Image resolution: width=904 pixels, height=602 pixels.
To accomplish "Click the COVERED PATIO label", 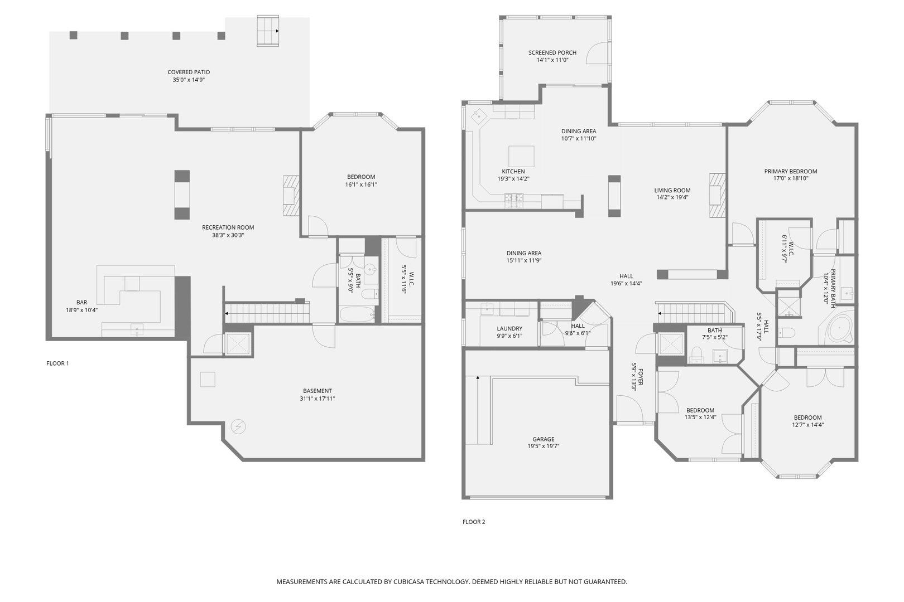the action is [189, 72].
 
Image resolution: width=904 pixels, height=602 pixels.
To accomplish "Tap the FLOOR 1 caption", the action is [57, 363].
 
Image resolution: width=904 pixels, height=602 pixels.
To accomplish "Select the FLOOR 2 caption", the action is [474, 522].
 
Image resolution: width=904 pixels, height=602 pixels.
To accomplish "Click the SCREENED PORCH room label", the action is [552, 52].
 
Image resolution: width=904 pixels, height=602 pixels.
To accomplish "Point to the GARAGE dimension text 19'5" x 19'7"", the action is [543, 446].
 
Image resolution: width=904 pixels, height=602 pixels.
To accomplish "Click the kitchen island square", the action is [521, 156].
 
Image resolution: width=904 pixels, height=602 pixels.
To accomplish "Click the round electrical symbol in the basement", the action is [238, 426].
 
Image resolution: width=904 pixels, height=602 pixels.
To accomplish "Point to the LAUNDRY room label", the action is [509, 329].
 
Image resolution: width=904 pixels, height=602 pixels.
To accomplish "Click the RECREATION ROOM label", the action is [228, 227].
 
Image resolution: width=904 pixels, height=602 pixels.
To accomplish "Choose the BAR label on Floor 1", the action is [82, 303].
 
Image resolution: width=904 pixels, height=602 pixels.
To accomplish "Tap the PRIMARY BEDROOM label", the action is [791, 171].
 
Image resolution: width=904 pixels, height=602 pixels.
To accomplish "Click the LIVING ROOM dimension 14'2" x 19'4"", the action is [672, 197].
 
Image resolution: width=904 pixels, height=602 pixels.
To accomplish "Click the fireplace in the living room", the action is [717, 195].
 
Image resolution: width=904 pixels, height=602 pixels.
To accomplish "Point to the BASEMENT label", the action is [318, 391].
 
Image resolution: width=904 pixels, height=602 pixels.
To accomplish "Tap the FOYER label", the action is [641, 377].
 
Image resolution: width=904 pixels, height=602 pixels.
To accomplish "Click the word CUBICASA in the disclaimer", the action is [410, 581].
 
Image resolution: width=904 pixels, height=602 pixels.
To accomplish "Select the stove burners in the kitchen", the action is [514, 197].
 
